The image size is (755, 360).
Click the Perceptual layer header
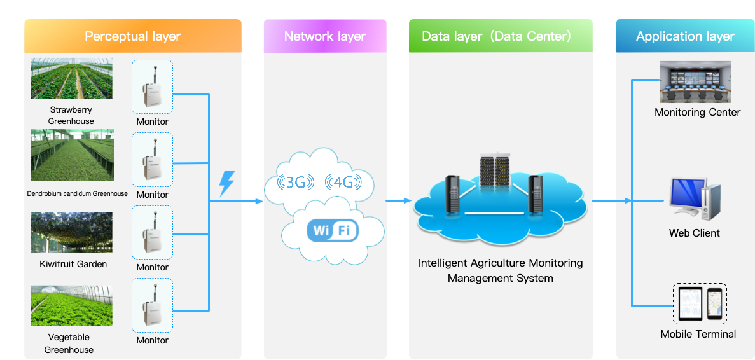point(132,36)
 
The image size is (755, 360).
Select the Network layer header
point(324,36)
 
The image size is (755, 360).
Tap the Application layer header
point(685,36)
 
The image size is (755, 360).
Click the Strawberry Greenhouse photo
point(71,79)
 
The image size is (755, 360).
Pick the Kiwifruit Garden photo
point(71,233)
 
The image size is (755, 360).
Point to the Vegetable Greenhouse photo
point(71,306)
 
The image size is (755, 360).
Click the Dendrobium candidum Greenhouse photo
point(73,155)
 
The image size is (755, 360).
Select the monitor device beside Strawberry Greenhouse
point(152,87)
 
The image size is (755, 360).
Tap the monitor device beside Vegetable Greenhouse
point(152,304)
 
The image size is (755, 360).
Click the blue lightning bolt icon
point(226,183)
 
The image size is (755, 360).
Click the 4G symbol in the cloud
point(343,183)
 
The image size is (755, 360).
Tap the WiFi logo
point(333,230)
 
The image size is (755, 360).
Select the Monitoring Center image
point(695,82)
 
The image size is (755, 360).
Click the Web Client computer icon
point(694,199)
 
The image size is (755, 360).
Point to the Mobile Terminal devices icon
point(699,303)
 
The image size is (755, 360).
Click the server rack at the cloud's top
point(495,171)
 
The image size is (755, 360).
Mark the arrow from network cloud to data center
point(399,201)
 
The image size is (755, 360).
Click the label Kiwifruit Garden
point(73,264)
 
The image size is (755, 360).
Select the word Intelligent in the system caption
point(443,263)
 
